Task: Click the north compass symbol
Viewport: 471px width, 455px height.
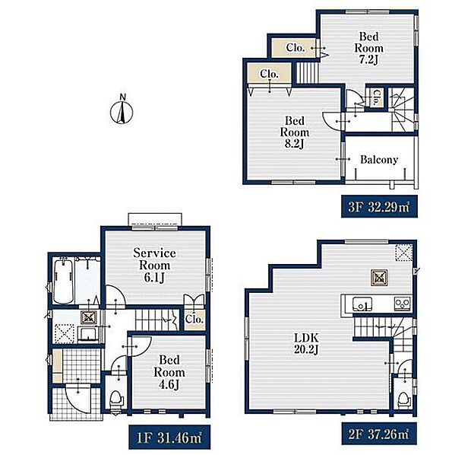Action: (122, 111)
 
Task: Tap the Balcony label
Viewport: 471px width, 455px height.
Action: (379, 160)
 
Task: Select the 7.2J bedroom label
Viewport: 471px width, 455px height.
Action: (369, 48)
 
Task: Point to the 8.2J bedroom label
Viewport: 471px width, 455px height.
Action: (295, 132)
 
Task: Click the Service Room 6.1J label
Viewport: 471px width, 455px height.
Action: (154, 266)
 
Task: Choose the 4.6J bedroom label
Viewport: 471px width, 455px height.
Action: (169, 372)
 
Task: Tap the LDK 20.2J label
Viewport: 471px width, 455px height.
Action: (306, 344)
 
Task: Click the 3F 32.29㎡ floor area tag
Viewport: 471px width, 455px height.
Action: (379, 207)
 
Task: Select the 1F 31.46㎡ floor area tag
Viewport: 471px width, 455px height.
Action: (169, 437)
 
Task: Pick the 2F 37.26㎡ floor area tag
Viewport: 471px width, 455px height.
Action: (379, 434)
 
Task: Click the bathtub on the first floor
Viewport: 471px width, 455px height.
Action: (63, 282)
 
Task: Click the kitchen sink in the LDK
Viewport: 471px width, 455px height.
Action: (362, 304)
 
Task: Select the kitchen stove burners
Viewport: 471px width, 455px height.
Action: (402, 303)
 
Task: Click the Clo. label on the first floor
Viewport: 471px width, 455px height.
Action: (194, 319)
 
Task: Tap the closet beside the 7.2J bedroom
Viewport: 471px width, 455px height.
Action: (294, 47)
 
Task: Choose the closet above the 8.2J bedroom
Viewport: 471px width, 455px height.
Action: (269, 74)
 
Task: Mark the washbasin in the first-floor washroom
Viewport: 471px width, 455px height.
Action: (87, 334)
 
